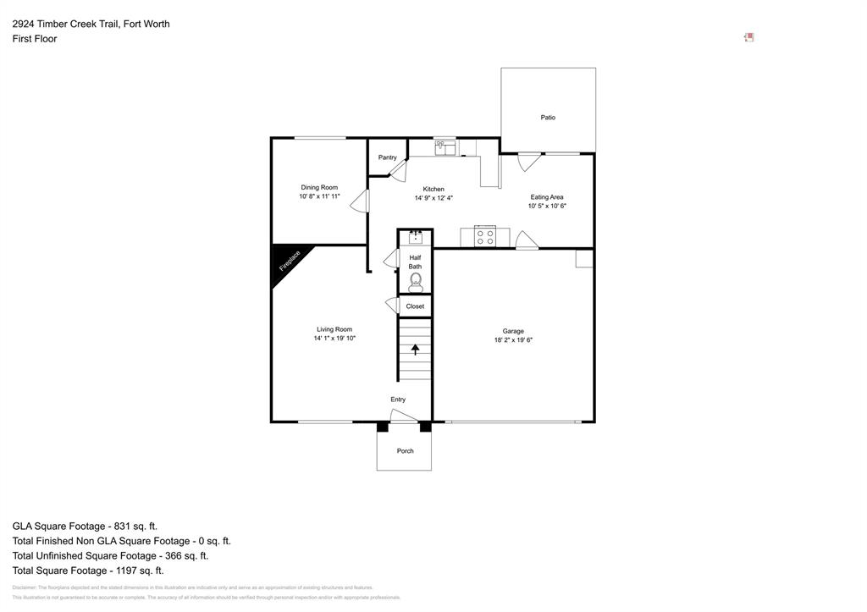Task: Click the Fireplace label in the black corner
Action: pos(290,262)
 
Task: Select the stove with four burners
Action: pos(485,237)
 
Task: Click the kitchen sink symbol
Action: pos(445,148)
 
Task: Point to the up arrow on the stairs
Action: pos(415,348)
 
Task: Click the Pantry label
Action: pos(387,157)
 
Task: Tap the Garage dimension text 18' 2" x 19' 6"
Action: pos(513,340)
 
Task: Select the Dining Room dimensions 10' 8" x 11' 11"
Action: pos(319,196)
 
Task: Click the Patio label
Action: pos(548,118)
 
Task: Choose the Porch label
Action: pos(405,451)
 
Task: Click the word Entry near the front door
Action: pos(398,400)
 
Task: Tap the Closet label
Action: pos(415,306)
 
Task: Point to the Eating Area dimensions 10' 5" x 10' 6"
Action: pos(546,206)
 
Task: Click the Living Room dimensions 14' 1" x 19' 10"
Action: pos(334,339)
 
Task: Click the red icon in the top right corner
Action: pos(748,37)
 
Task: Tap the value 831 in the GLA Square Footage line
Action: pos(134,526)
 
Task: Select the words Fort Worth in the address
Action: pos(146,24)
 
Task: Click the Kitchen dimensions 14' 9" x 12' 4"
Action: pos(433,198)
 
